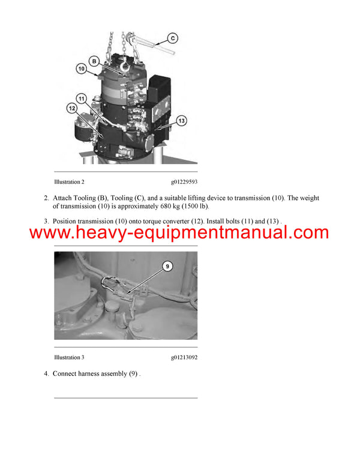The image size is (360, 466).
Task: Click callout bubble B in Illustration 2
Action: (94, 61)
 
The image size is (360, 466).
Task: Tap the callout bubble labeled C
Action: (173, 38)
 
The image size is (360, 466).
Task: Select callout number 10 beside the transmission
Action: (81, 70)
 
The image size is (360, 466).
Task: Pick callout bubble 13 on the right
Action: (181, 121)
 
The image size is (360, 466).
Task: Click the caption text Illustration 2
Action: (69, 181)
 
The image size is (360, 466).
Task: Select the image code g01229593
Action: (184, 181)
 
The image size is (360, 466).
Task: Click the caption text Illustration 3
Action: (69, 357)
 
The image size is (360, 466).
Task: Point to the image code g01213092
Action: (184, 357)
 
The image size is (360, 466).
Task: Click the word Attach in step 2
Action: (63, 198)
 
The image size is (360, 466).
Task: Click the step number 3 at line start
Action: (46, 222)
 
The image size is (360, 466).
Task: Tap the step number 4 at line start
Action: (46, 374)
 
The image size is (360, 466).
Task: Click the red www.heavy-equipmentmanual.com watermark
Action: (179, 233)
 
